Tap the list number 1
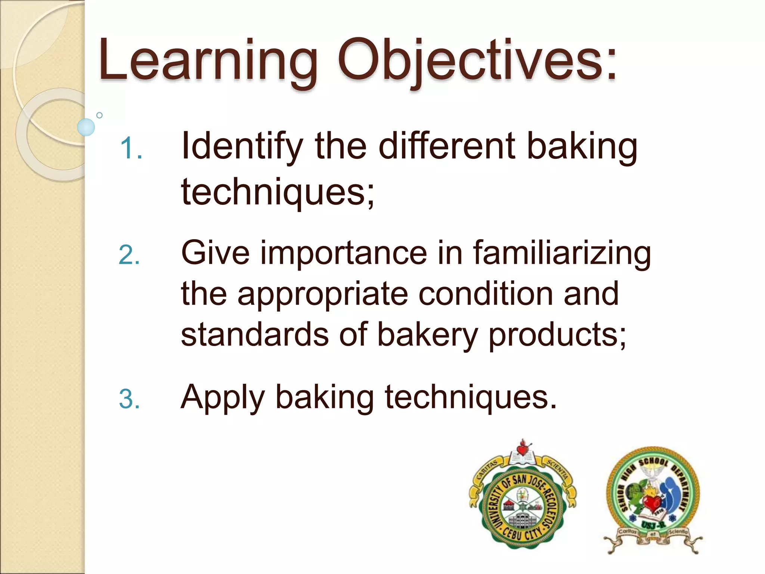click(131, 148)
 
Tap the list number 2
click(129, 256)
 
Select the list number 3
click(129, 399)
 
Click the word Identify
click(241, 146)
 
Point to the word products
click(557, 335)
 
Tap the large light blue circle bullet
click(86, 127)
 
